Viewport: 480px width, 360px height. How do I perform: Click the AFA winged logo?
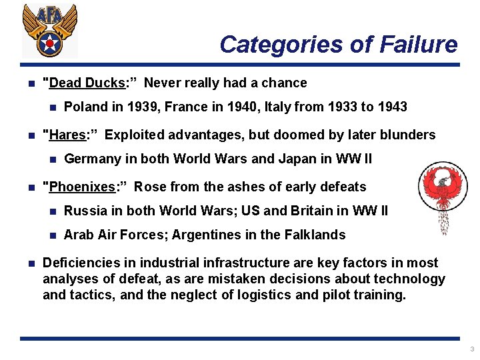pos(49,31)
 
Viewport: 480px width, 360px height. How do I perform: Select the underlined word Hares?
pos(67,135)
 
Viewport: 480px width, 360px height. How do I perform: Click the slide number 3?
pos(471,349)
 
